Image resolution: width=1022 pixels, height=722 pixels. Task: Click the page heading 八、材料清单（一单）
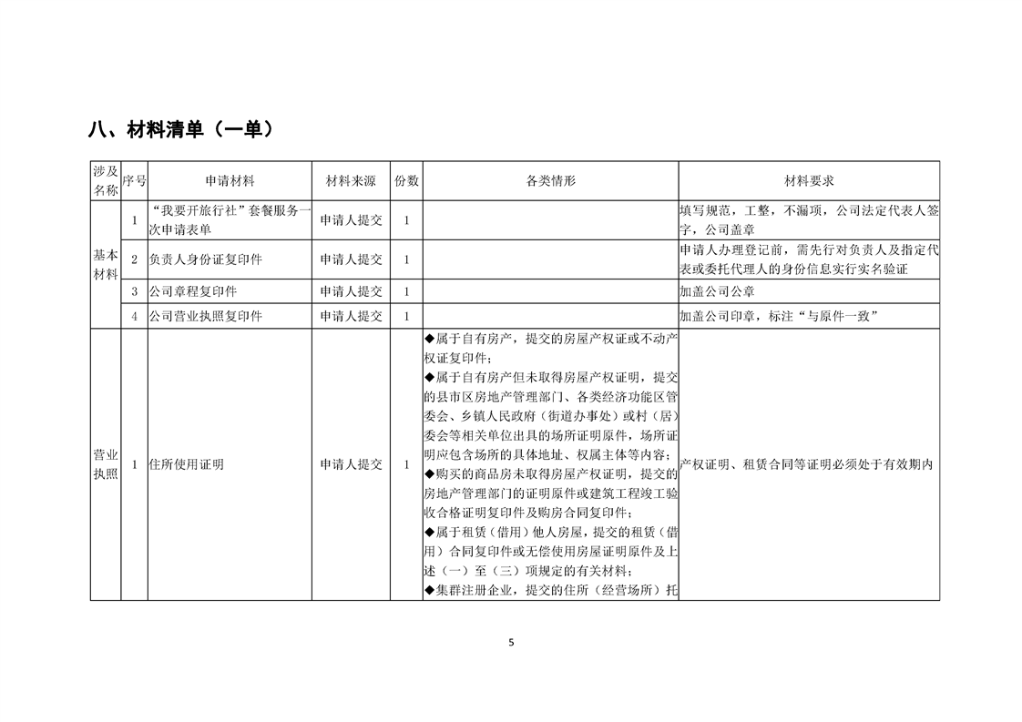(x=181, y=130)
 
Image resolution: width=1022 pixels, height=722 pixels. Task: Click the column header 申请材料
(x=230, y=181)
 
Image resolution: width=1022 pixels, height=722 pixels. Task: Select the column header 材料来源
(x=351, y=181)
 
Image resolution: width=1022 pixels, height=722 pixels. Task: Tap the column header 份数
(x=406, y=181)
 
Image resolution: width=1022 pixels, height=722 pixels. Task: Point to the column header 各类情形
(x=550, y=181)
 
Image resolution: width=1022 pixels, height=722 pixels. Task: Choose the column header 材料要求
(x=809, y=181)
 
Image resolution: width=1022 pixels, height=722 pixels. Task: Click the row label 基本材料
(x=106, y=264)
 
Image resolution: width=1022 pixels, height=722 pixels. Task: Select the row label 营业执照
(x=106, y=464)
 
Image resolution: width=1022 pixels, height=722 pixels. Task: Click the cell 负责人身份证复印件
(x=206, y=259)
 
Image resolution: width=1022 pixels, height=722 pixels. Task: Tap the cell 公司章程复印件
(x=194, y=291)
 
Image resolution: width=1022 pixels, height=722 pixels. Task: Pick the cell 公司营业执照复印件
(x=206, y=316)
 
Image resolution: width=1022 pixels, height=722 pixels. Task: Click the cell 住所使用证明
(x=187, y=464)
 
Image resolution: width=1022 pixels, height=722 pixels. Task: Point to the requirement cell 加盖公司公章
(x=718, y=291)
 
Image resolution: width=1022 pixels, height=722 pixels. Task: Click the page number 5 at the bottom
(x=511, y=642)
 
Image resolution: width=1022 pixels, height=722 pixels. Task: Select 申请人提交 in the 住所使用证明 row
(x=351, y=464)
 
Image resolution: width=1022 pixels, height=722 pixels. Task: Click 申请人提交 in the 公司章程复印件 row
(x=351, y=291)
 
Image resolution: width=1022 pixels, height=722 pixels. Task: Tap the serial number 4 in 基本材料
(x=134, y=316)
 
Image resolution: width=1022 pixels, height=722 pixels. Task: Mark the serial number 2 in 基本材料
(x=134, y=259)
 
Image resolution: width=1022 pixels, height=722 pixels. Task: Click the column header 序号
(x=134, y=181)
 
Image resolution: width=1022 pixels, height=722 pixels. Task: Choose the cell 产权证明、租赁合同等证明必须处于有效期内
(x=808, y=464)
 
